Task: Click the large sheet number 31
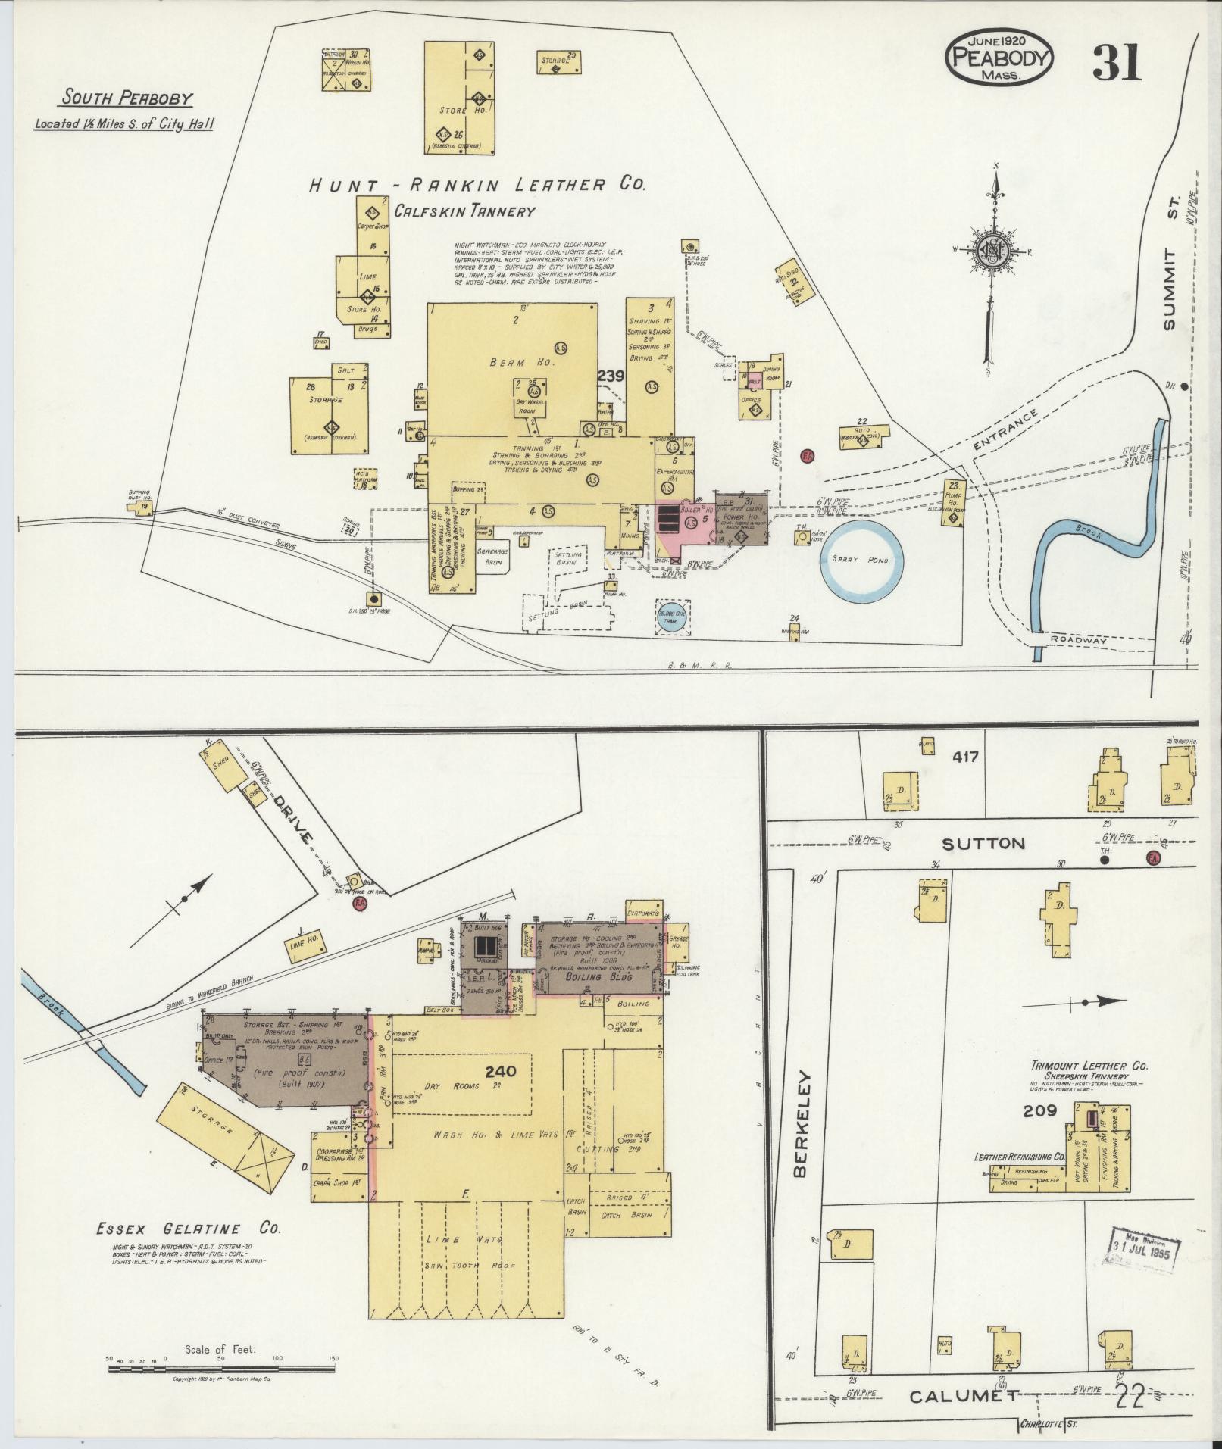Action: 1116,62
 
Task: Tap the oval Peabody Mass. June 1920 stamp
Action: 999,57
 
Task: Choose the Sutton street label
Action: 985,844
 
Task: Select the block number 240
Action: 501,1071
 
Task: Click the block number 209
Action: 1038,1111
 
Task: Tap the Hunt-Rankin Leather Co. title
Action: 477,186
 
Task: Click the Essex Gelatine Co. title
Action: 189,1229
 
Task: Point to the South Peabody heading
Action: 127,98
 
